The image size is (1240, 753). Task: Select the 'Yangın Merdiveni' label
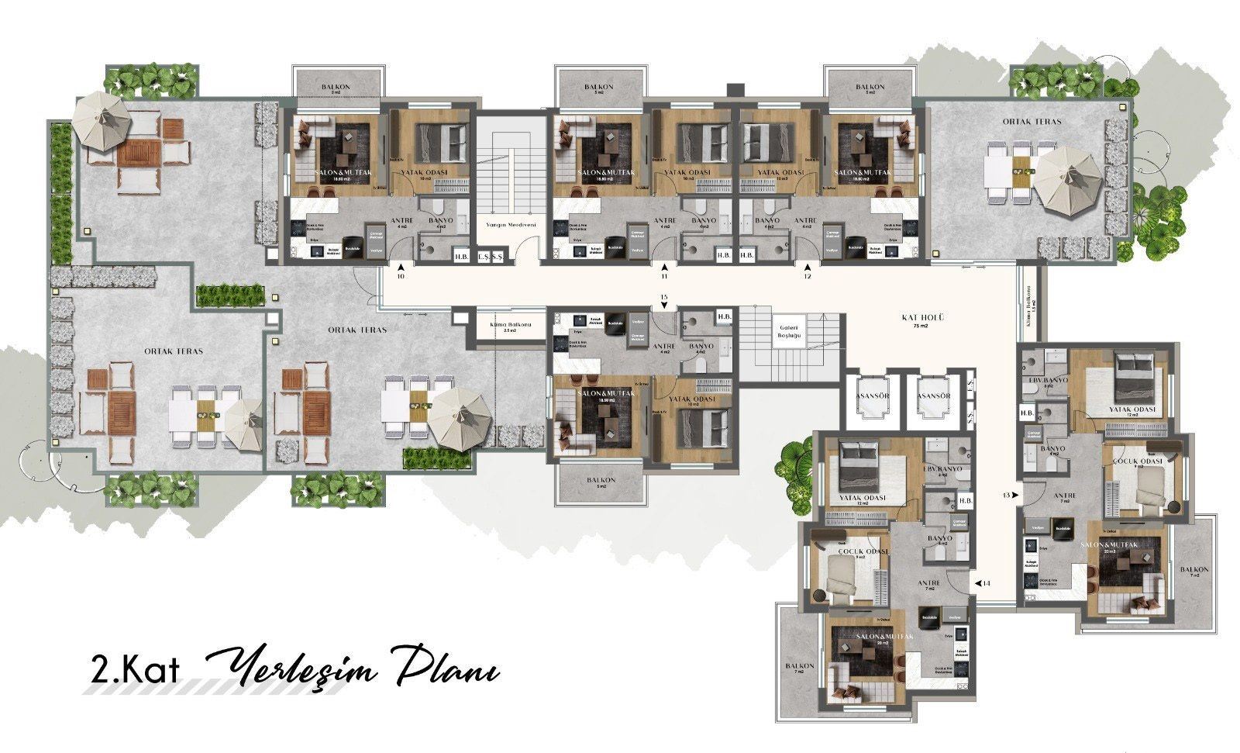506,224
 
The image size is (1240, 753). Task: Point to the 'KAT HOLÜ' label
920,317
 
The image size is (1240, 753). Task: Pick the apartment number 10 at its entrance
400,275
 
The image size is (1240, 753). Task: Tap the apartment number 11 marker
664,275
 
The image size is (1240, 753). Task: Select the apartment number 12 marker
807,275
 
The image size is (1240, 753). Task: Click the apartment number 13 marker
1007,495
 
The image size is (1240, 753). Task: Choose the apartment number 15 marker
663,297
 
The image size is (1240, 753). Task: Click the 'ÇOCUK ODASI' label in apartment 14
852,552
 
